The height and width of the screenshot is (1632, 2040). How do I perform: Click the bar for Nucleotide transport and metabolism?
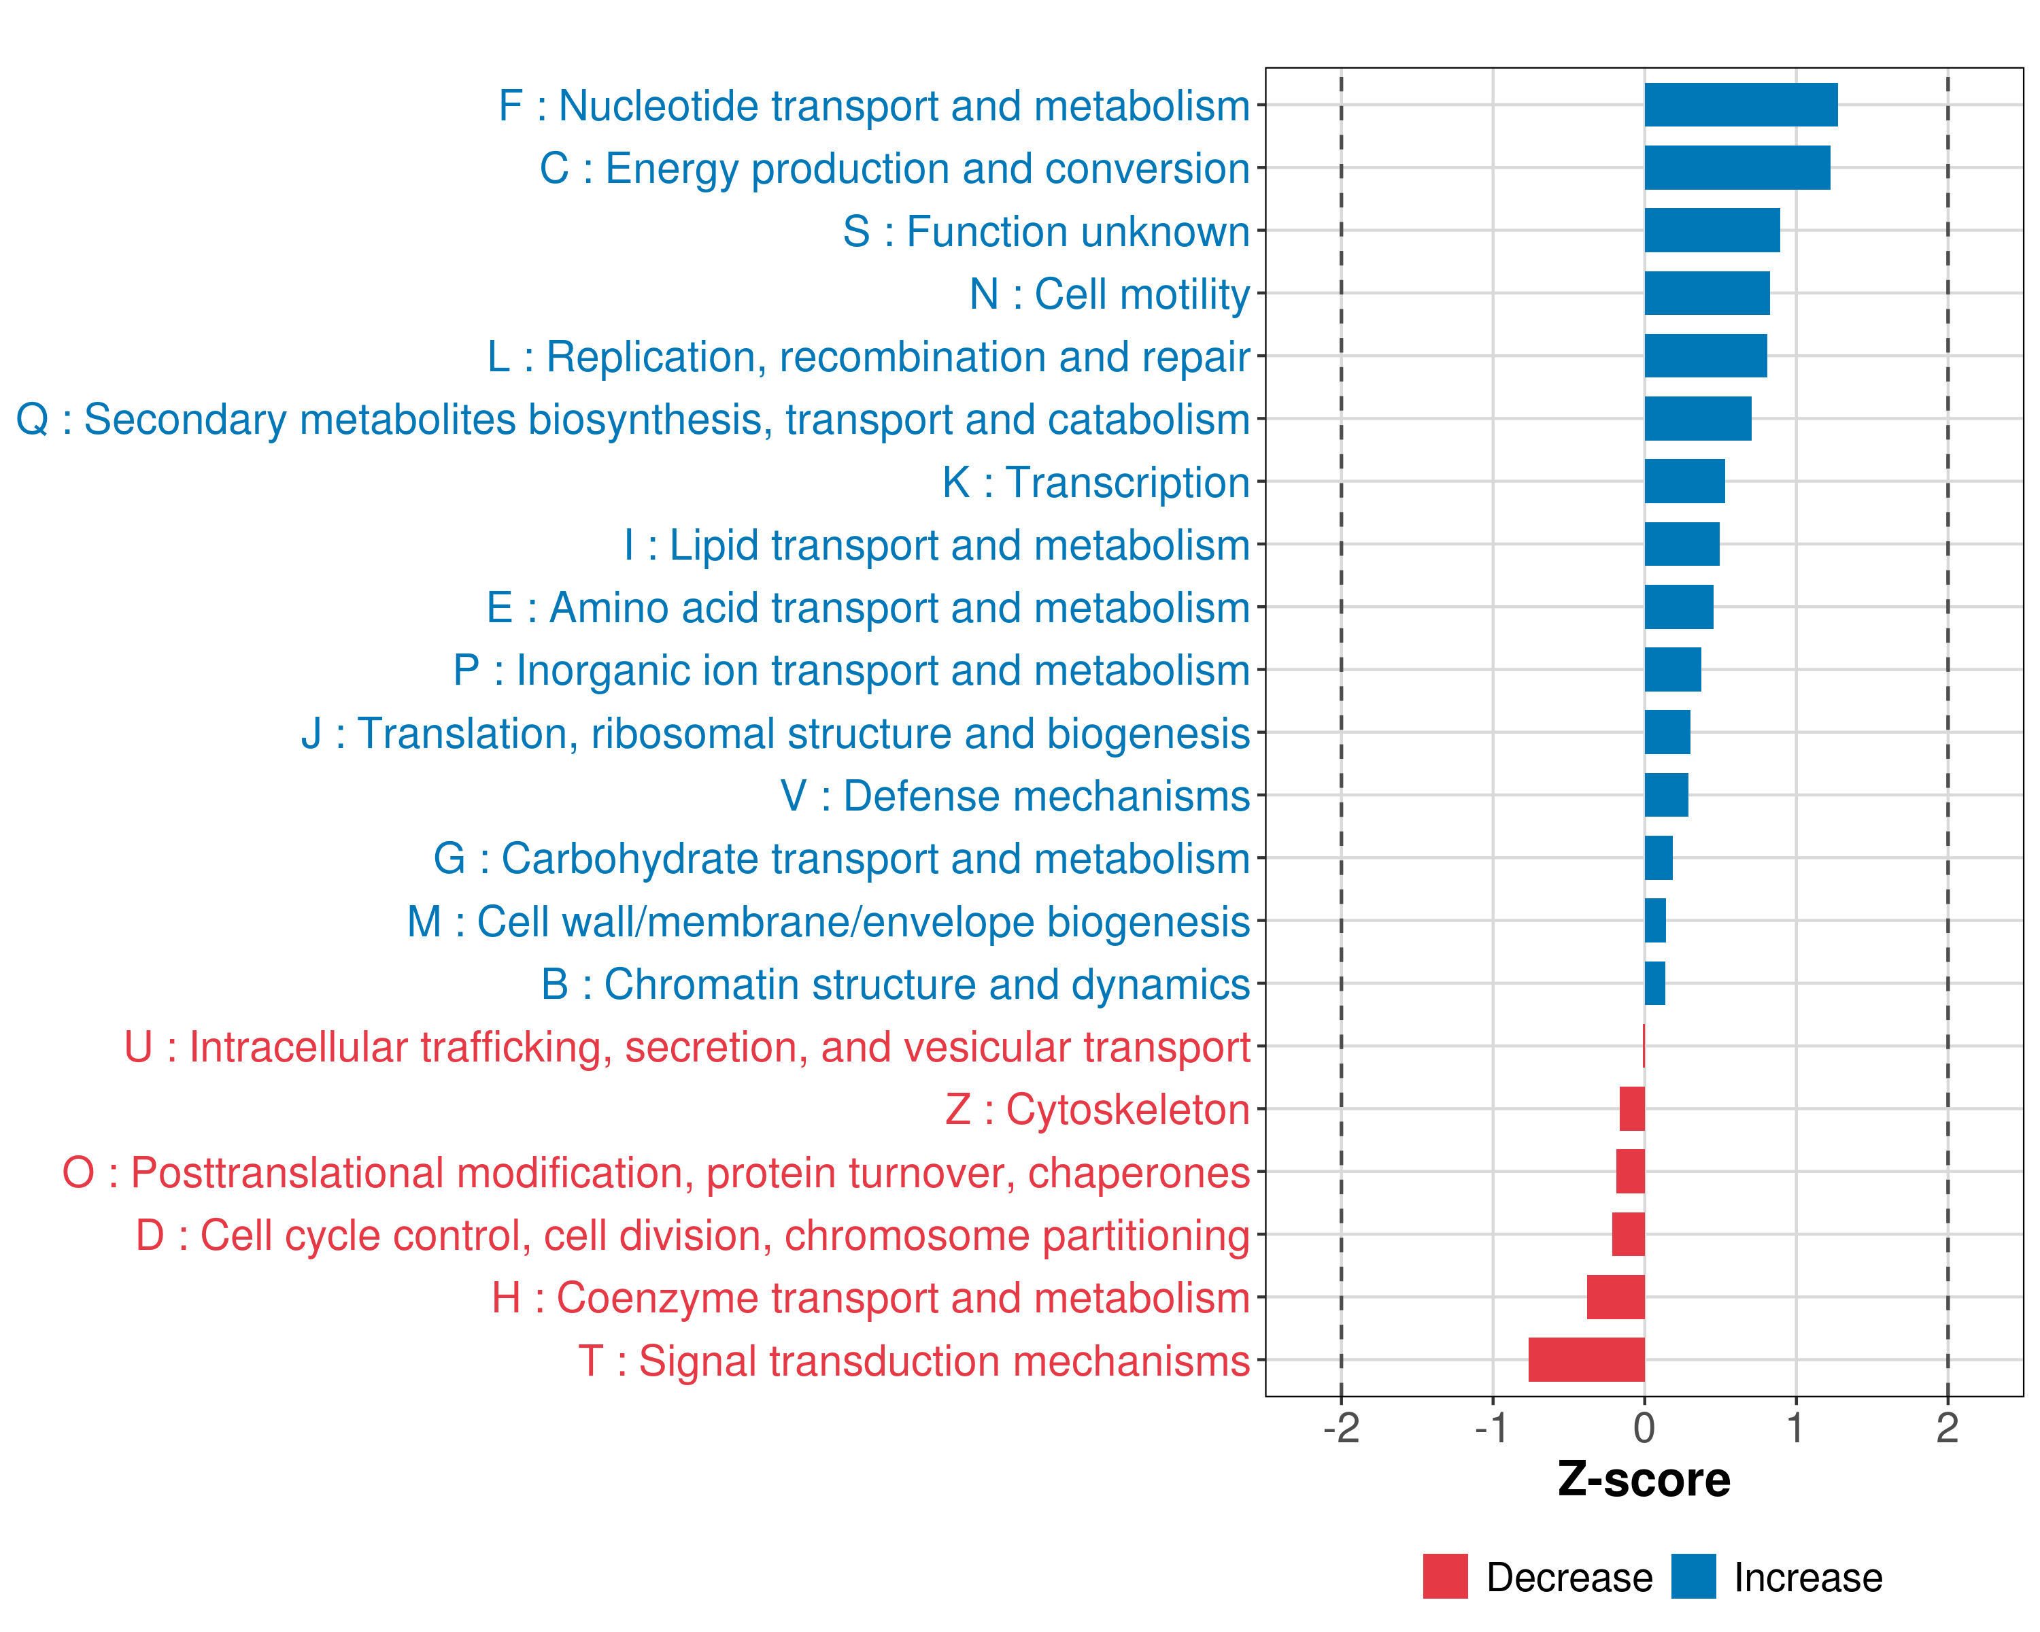coord(1740,105)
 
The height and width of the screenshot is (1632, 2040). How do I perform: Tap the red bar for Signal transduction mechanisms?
coord(1586,1359)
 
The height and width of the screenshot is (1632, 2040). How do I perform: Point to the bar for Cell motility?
coord(1706,293)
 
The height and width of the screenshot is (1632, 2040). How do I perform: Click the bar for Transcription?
coord(1684,481)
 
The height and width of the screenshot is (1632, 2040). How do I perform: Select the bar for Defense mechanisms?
coord(1665,795)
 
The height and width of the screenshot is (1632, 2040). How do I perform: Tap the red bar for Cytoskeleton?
coord(1631,1109)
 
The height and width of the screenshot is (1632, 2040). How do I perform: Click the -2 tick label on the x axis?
coord(1341,1427)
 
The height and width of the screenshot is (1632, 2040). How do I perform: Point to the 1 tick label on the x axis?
coord(1795,1427)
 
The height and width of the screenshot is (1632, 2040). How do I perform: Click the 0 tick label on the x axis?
coord(1644,1427)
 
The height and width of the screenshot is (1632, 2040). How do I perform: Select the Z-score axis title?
coord(1644,1480)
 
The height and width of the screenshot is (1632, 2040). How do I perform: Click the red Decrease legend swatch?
coord(1445,1576)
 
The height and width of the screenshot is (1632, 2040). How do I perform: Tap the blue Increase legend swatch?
coord(1693,1576)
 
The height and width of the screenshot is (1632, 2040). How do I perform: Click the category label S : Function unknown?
coord(1046,232)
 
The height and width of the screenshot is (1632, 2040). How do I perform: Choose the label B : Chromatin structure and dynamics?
coord(895,984)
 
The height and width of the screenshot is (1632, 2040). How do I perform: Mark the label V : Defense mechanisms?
coord(1015,796)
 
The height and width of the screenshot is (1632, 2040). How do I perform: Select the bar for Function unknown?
coord(1712,231)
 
